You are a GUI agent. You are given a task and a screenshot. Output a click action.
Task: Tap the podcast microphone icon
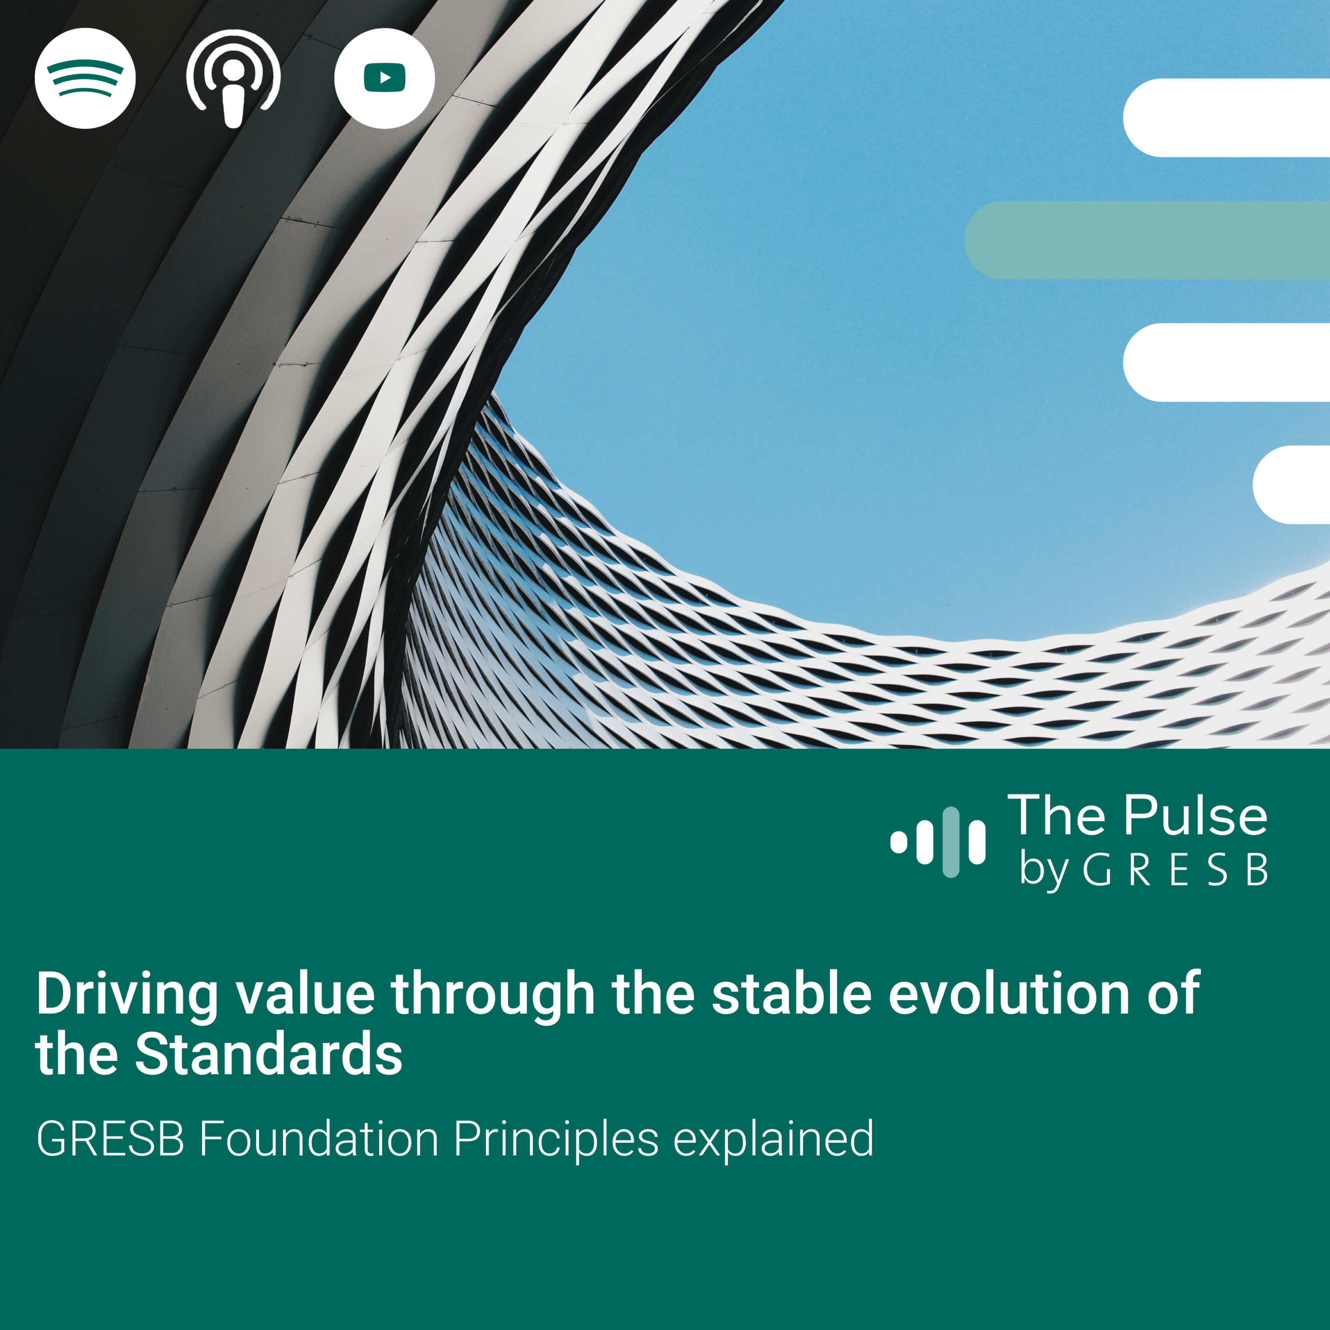click(233, 78)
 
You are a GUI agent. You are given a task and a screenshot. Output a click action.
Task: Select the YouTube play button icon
click(384, 78)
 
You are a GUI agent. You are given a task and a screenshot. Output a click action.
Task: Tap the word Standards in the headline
click(269, 1054)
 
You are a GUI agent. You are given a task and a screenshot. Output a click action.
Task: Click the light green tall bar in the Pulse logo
click(951, 842)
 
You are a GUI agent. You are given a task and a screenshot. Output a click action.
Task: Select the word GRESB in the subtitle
click(110, 1139)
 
